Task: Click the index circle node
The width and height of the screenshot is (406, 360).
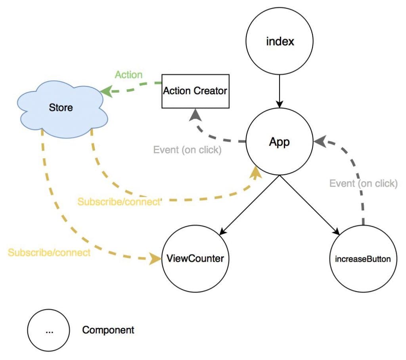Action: (280, 41)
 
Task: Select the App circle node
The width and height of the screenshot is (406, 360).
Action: (280, 142)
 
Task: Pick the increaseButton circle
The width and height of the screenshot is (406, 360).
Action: (363, 259)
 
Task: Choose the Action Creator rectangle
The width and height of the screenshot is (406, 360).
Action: (195, 91)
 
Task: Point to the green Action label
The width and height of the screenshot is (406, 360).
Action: (129, 74)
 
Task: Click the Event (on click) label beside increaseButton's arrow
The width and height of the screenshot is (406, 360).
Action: (363, 183)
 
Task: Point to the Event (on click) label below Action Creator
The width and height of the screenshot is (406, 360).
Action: (187, 150)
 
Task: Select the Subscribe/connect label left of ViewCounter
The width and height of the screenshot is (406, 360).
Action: (49, 252)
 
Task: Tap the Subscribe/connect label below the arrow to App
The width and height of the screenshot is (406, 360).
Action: (119, 202)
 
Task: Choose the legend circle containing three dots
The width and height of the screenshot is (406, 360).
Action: (49, 330)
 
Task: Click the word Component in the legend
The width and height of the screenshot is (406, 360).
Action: (108, 330)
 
